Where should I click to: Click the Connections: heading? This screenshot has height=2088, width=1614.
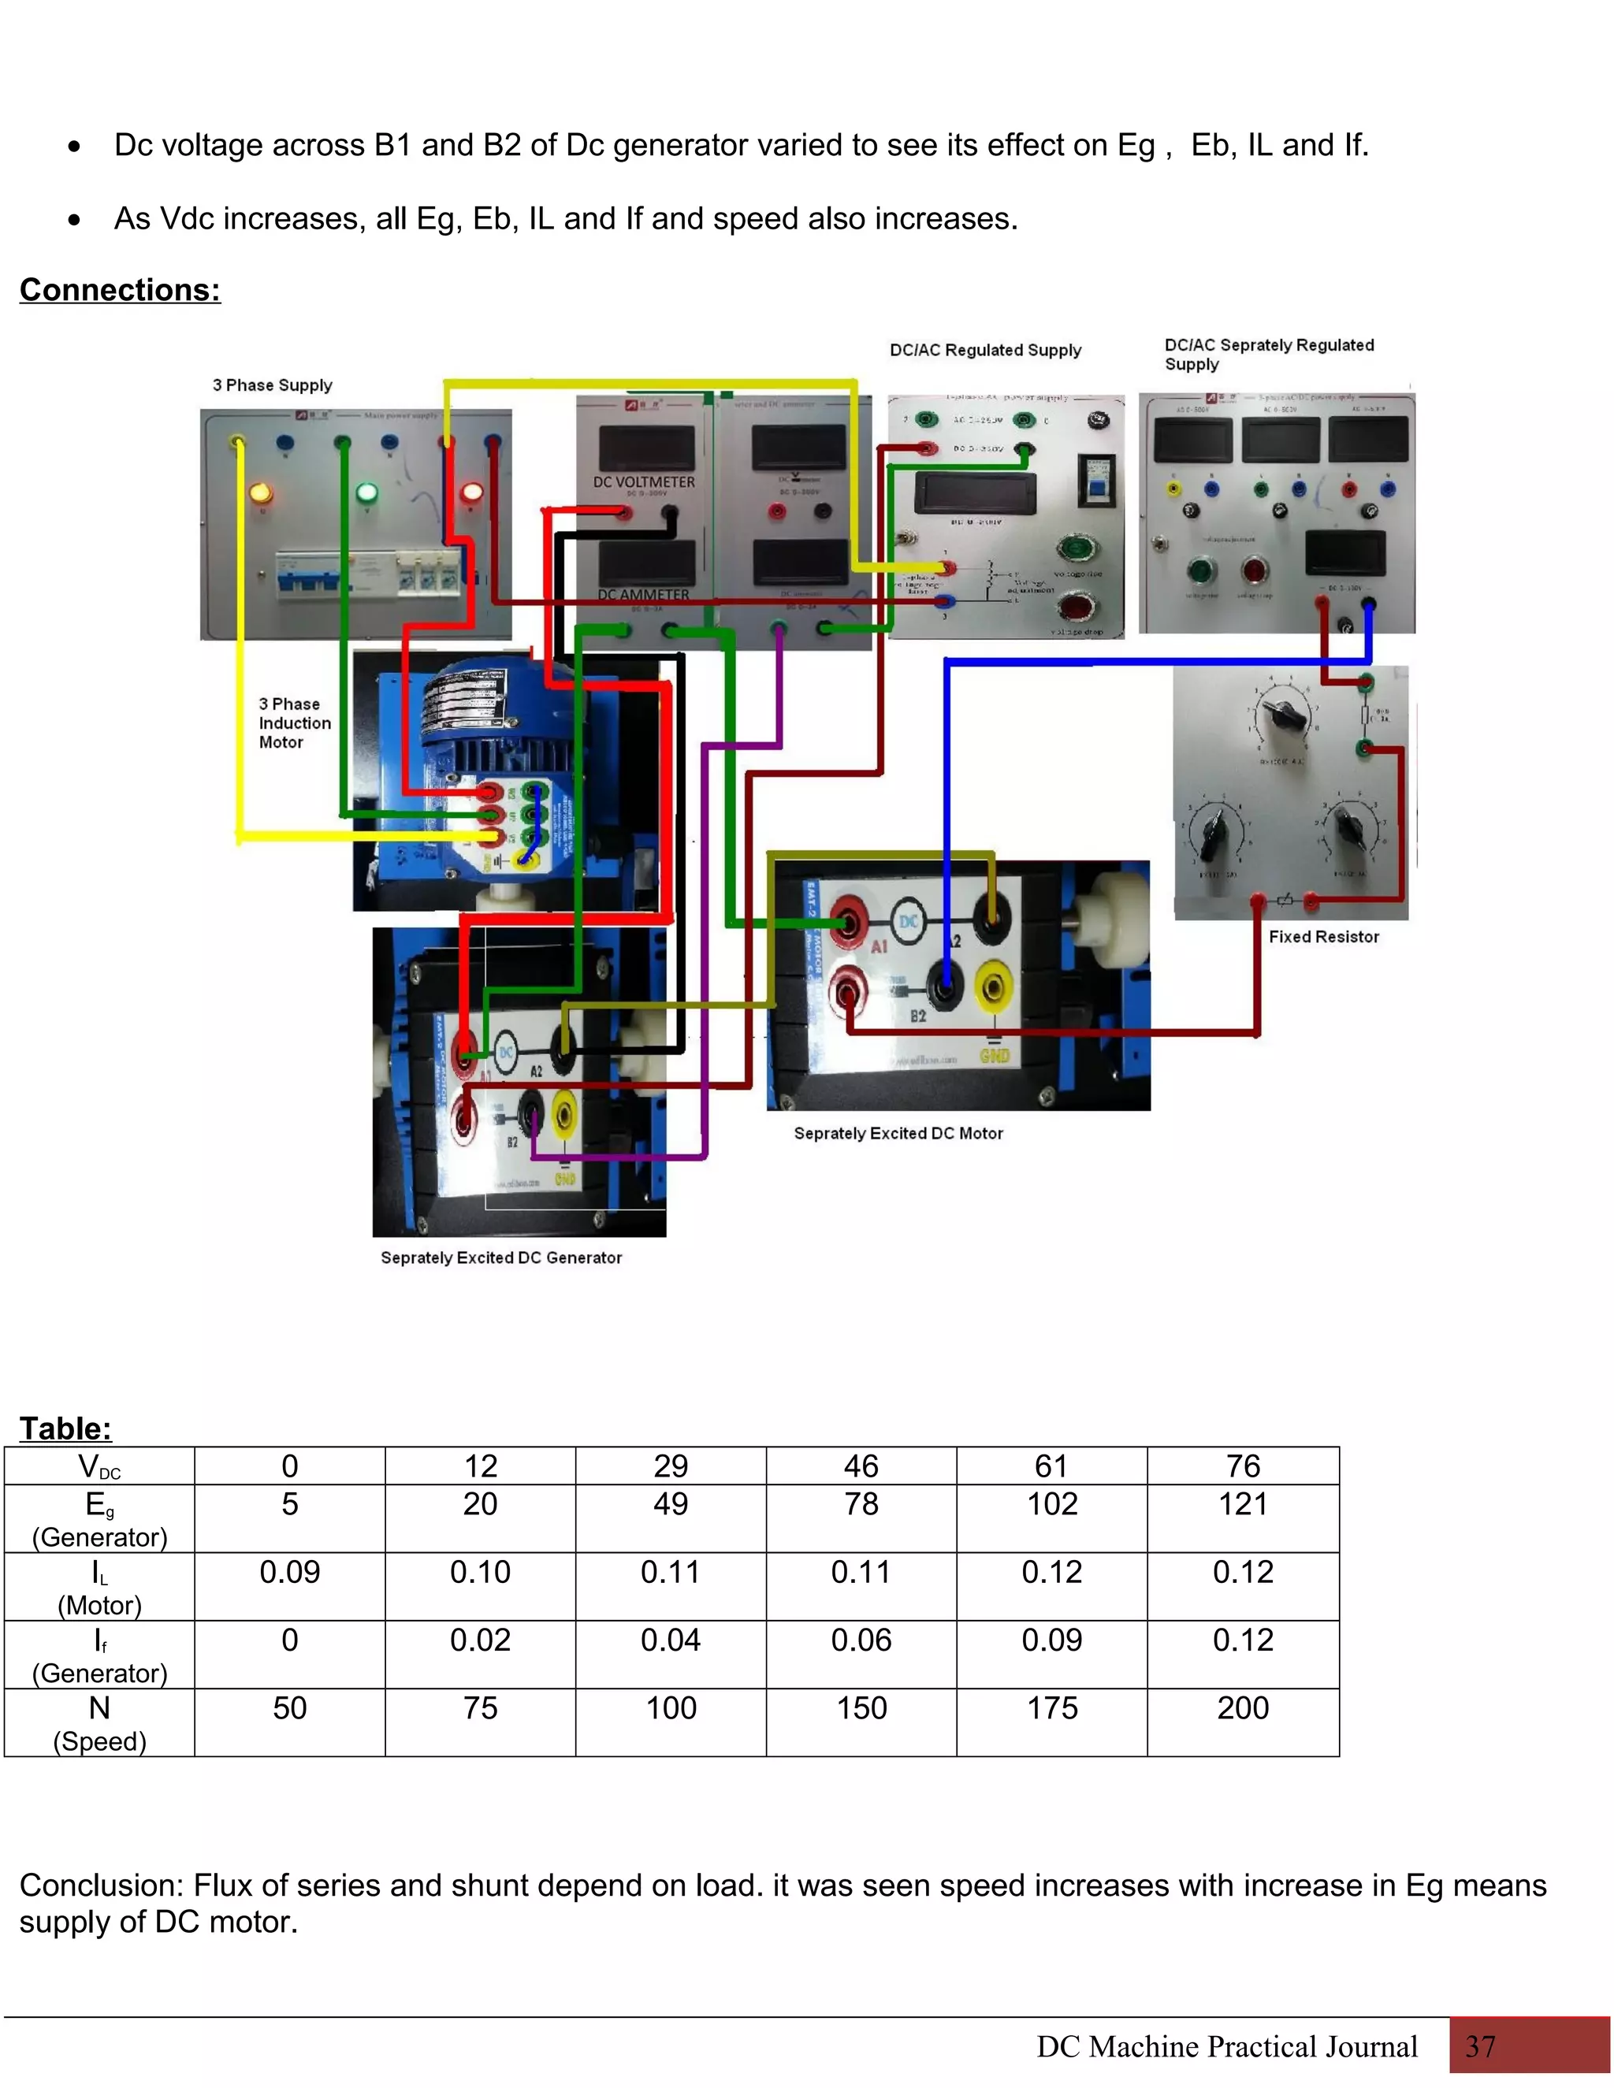tap(120, 290)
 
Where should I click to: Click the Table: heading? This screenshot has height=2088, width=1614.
tap(65, 1429)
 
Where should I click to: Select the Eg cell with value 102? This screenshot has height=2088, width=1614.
tap(1052, 1505)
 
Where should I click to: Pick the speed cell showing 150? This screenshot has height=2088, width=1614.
tap(861, 1708)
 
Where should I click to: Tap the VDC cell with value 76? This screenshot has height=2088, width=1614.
tap(1243, 1466)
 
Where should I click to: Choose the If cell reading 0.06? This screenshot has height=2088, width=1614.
tap(861, 1640)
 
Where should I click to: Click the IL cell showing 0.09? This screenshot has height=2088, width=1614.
tap(290, 1573)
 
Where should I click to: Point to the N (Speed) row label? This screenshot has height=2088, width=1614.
tap(99, 1722)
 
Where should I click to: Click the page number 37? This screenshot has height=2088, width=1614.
tap(1480, 2047)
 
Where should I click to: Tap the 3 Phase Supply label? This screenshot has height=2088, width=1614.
tap(273, 385)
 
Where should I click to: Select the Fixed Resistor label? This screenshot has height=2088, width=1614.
tap(1323, 937)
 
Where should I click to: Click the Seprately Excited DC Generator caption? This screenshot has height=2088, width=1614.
tap(501, 1258)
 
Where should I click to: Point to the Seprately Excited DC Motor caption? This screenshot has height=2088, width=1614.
tap(898, 1134)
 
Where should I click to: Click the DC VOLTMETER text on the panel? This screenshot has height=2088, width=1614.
tap(644, 482)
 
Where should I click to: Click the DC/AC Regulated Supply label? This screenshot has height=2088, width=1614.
tap(985, 350)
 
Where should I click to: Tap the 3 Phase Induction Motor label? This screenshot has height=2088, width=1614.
tap(295, 723)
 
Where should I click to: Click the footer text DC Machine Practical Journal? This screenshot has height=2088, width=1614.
tap(1227, 2047)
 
